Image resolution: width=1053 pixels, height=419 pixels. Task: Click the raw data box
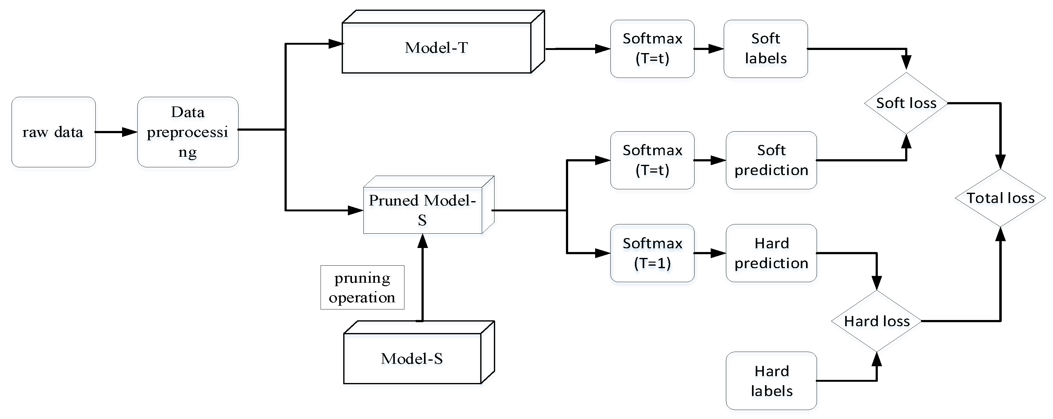pos(53,132)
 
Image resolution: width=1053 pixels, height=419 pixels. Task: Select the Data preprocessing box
pos(188,132)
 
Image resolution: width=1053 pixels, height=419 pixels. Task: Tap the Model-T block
pos(436,48)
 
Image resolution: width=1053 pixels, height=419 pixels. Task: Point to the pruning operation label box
pos(362,287)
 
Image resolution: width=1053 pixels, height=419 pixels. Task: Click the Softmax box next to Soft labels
pos(652,49)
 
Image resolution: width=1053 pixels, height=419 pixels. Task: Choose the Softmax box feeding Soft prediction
pos(652,160)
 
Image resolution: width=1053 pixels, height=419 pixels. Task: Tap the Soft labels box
pos(765,49)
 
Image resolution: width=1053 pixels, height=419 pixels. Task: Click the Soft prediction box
pos(771,160)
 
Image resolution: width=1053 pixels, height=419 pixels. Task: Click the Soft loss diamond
pos(906,103)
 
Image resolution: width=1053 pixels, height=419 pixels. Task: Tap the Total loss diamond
pos(1000,198)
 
